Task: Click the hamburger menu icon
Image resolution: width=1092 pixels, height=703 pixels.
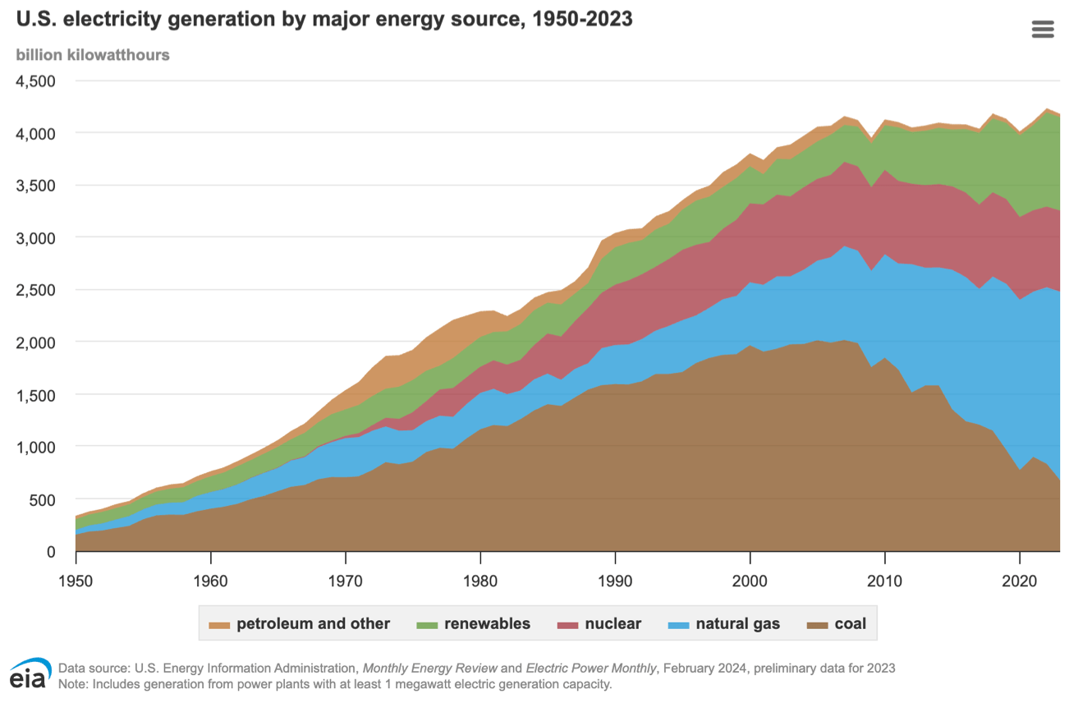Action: point(1043,30)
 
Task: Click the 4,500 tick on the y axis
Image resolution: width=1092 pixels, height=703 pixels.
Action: point(36,80)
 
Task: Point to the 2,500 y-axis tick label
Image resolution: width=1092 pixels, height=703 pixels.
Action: point(36,290)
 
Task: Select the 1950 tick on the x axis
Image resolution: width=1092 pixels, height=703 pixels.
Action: point(76,580)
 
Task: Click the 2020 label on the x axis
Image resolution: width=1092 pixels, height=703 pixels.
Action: point(1020,580)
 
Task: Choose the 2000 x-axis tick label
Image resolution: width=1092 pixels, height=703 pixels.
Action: point(750,580)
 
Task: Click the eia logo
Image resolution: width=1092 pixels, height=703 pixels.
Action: point(30,673)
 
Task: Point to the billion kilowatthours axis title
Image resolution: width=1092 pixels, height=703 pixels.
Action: point(93,55)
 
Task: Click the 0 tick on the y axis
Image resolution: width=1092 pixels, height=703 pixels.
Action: point(50,552)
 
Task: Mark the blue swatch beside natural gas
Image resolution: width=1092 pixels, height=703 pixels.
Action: point(679,625)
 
